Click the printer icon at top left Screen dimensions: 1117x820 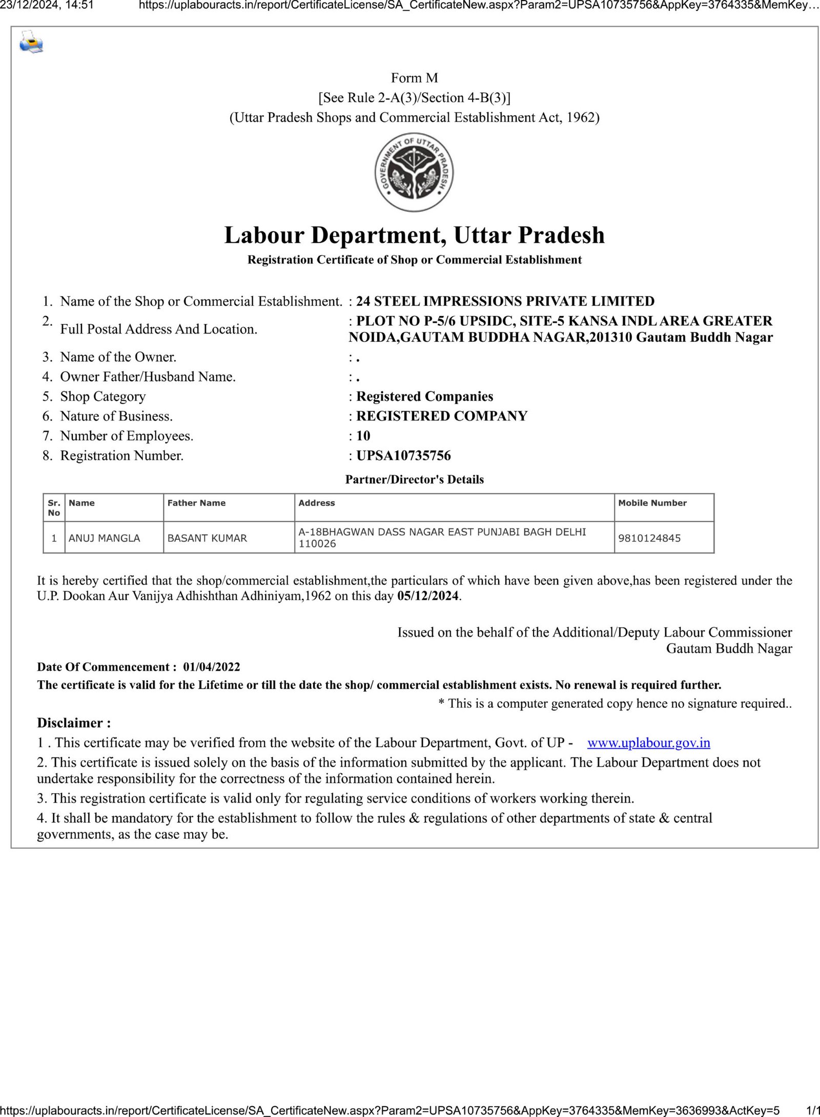click(31, 43)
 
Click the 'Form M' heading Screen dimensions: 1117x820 click(414, 78)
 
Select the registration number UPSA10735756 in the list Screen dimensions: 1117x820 click(403, 455)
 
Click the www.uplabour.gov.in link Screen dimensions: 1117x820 click(648, 743)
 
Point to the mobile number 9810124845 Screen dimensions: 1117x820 click(649, 538)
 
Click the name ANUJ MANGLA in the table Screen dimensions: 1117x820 click(104, 538)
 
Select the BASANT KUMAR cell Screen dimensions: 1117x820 click(207, 538)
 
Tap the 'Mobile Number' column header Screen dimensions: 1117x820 click(652, 503)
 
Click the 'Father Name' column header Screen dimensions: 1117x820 click(196, 503)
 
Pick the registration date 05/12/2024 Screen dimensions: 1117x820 click(428, 597)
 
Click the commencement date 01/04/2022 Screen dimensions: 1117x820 click(211, 667)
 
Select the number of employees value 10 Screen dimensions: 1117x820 click(363, 436)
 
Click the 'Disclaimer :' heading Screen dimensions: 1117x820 click(74, 723)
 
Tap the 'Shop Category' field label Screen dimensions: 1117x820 click(102, 396)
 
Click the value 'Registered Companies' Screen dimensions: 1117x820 click(424, 396)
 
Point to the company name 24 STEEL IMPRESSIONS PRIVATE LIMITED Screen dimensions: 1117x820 click(505, 301)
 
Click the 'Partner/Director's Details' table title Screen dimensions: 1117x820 click(414, 480)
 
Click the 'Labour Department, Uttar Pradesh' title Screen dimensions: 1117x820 click(414, 236)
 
